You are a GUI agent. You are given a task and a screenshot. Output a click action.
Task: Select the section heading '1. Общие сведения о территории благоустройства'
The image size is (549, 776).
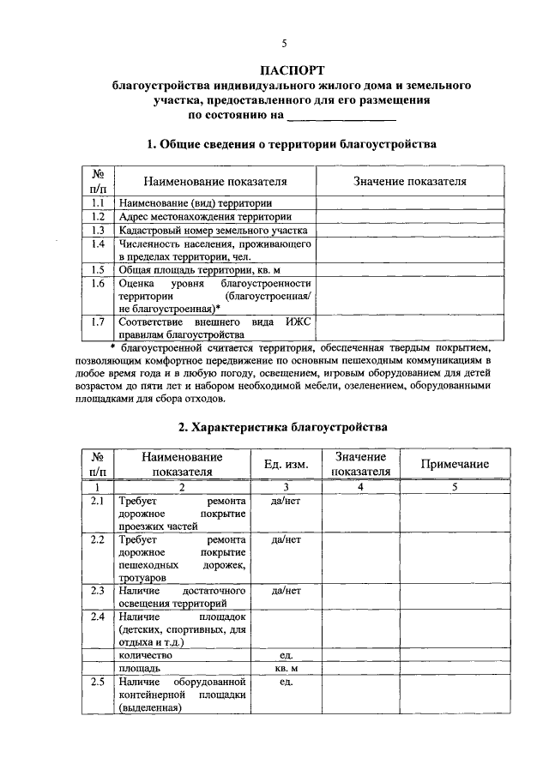292,144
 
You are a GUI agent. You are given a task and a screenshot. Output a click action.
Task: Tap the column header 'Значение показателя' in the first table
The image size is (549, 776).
410,182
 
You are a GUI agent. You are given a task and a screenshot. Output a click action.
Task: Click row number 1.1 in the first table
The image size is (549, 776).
98,203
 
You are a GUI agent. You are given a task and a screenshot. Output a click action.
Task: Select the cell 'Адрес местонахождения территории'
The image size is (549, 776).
205,217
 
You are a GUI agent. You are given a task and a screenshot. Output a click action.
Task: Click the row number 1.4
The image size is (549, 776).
98,244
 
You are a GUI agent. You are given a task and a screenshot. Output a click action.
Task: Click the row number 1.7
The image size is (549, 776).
98,322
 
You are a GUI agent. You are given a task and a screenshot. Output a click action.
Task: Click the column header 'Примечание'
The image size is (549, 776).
455,464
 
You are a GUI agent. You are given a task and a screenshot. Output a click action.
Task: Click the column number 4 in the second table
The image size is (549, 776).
360,486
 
